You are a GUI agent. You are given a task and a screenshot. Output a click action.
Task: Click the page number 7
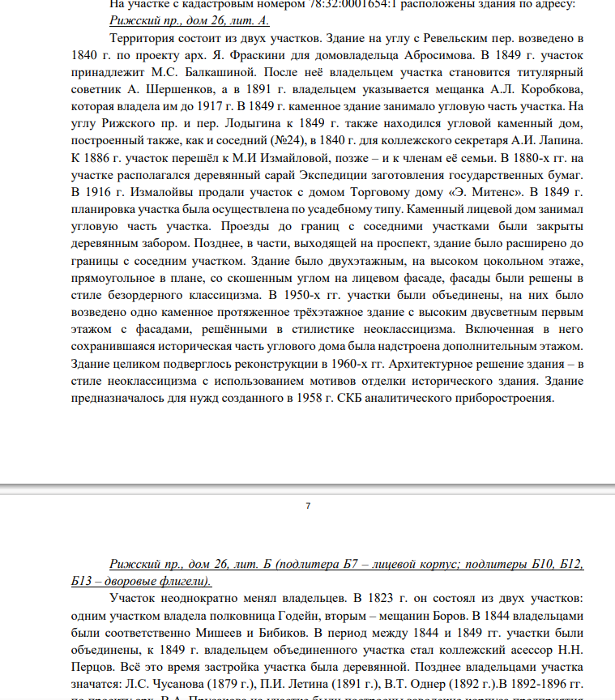308,506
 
